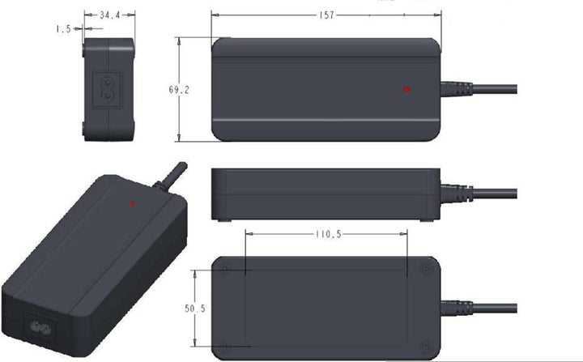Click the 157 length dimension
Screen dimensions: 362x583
[326, 15]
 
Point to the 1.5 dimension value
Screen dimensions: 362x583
[63, 28]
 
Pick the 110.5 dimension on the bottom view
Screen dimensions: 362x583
[326, 235]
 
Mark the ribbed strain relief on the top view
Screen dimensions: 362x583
[457, 88]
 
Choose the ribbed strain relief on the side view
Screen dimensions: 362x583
[457, 194]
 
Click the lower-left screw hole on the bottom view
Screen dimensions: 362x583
[225, 346]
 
